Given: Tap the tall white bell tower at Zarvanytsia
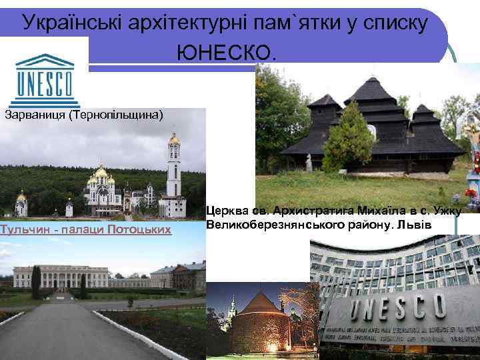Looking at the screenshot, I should tap(173, 177).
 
